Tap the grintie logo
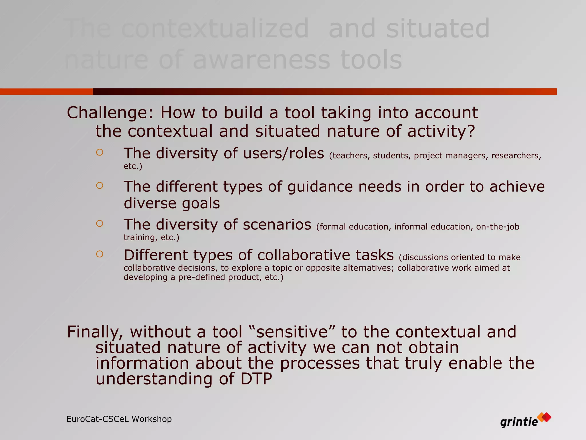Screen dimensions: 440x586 pos(525,421)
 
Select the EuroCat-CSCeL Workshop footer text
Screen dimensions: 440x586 pos(119,419)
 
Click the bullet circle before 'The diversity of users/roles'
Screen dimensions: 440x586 pos(100,152)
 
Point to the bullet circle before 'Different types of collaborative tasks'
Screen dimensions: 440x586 pos(100,254)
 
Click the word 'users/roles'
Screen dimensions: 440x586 pos(284,153)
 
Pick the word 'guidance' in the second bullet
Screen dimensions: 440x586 pos(320,187)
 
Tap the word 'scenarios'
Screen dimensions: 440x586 pos(277,224)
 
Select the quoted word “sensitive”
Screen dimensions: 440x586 pos(292,332)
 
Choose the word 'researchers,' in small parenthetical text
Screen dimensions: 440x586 pos(516,156)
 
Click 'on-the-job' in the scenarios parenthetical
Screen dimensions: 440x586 pos(498,227)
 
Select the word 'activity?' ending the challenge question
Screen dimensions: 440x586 pos(441,131)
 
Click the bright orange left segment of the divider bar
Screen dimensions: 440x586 pos(46,92)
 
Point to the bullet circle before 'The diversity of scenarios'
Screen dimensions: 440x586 pos(100,223)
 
